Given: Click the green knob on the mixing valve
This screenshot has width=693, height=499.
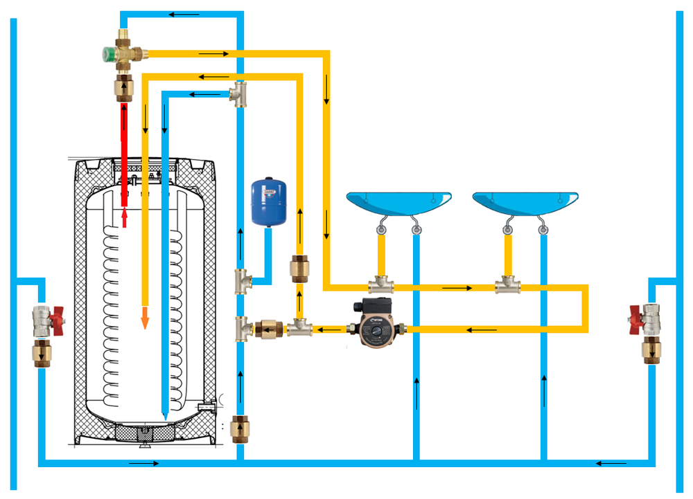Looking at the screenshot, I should (107, 53).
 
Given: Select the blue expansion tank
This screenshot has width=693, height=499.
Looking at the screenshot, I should (267, 201).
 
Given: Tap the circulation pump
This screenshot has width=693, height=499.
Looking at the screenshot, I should (374, 323).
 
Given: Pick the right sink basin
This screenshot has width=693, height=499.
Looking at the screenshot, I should (525, 203).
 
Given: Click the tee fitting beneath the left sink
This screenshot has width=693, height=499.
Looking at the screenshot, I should (380, 284).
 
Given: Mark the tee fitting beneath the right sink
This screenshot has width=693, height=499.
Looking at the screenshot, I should (507, 284).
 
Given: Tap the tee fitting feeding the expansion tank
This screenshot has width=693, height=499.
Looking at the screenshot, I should (242, 282).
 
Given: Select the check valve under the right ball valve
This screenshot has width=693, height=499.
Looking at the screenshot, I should (651, 352).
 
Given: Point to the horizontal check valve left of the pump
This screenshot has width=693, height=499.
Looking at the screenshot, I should (267, 329).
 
